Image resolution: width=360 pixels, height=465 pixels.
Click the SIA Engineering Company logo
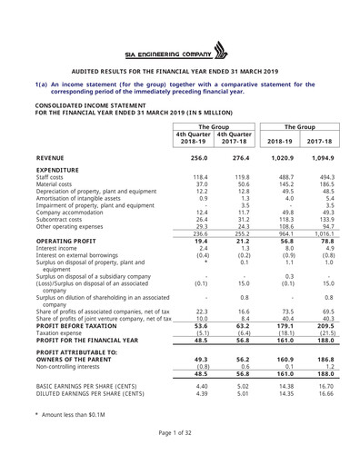tap(179, 51)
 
